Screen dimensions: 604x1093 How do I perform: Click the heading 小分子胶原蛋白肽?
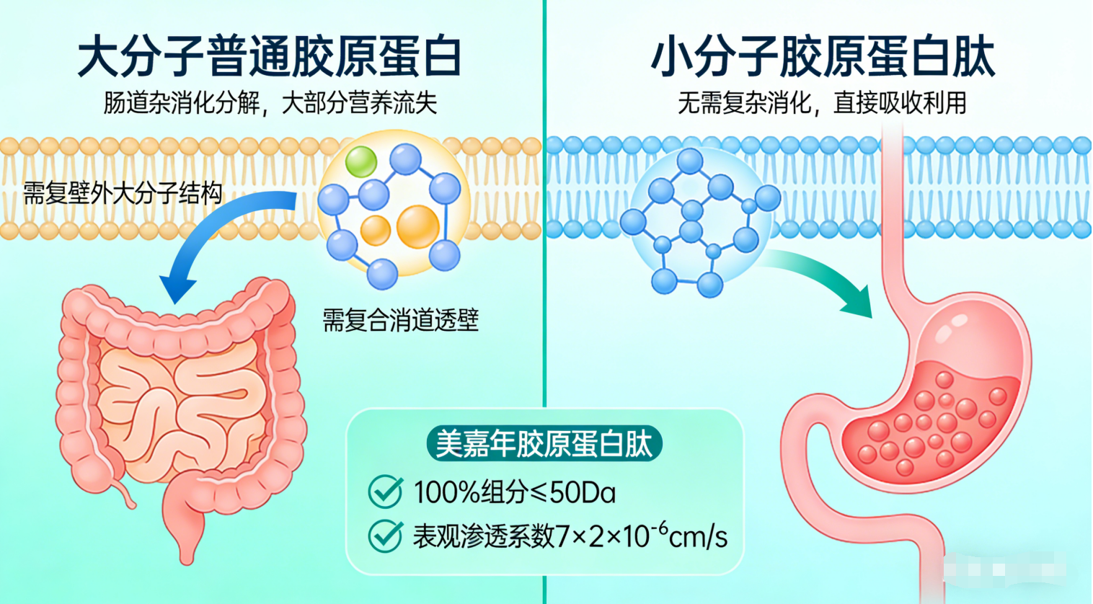pos(823,57)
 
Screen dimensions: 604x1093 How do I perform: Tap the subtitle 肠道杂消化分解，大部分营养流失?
pos(270,103)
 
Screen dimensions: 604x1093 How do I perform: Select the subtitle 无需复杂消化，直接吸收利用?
pos(822,103)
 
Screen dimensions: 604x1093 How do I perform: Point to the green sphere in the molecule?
pos(360,161)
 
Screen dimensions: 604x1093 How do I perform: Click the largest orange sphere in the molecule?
pos(417,226)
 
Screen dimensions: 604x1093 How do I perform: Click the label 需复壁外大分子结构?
pos(123,193)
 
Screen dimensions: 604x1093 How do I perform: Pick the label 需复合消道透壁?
pos(400,319)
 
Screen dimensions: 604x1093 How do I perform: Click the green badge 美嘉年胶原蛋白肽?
pos(544,443)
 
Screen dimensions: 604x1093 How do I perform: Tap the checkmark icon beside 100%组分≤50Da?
pos(385,492)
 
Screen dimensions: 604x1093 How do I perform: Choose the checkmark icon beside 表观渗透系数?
pos(385,536)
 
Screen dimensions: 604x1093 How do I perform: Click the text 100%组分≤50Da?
pos(515,493)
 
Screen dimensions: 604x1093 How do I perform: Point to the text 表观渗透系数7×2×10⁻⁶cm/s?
pos(570,536)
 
